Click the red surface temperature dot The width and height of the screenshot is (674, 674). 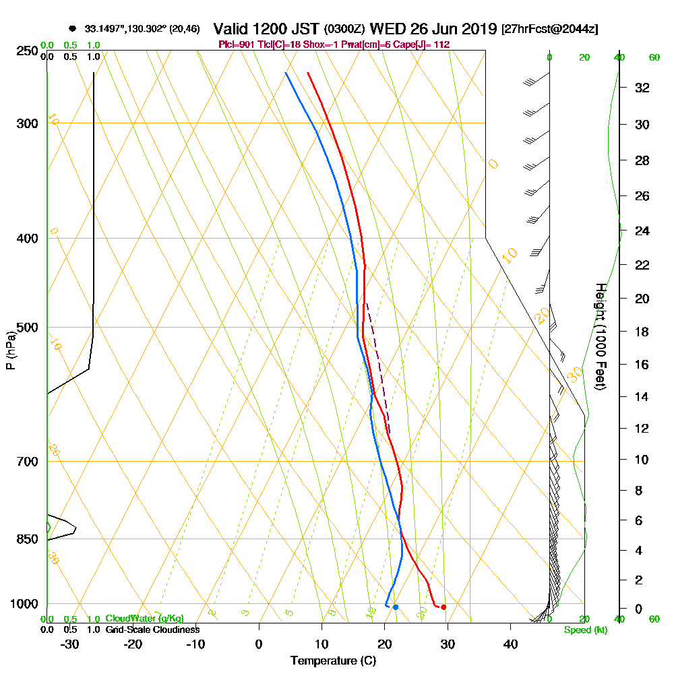pyautogui.click(x=443, y=607)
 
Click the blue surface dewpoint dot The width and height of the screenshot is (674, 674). pyautogui.click(x=396, y=607)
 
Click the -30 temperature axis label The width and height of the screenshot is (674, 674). pyautogui.click(x=70, y=644)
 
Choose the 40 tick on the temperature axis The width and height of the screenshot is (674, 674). pyautogui.click(x=510, y=644)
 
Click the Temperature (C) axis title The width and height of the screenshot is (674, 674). pyautogui.click(x=333, y=661)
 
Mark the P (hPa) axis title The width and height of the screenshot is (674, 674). pyautogui.click(x=10, y=350)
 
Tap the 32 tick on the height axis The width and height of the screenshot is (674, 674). pyautogui.click(x=643, y=88)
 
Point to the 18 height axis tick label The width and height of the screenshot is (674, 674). pyautogui.click(x=643, y=332)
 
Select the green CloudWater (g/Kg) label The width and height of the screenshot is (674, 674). pyautogui.click(x=144, y=619)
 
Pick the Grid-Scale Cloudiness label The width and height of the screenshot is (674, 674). pyautogui.click(x=152, y=630)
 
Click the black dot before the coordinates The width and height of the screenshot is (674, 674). pyautogui.click(x=72, y=29)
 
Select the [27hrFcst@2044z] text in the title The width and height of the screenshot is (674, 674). pyautogui.click(x=549, y=29)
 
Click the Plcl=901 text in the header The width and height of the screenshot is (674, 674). pyautogui.click(x=235, y=44)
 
